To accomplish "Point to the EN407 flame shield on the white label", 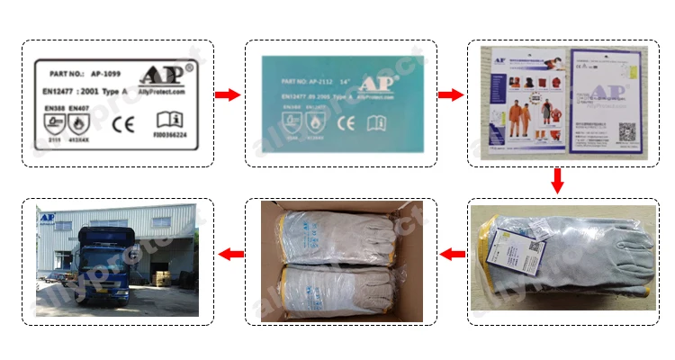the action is (x=79, y=122).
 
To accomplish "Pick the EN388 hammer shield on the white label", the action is (x=56, y=122).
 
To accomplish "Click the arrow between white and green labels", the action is (x=229, y=94).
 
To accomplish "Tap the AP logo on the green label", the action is (x=379, y=85).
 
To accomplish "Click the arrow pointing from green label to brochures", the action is (x=448, y=94).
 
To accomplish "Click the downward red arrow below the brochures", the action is (x=557, y=181).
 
